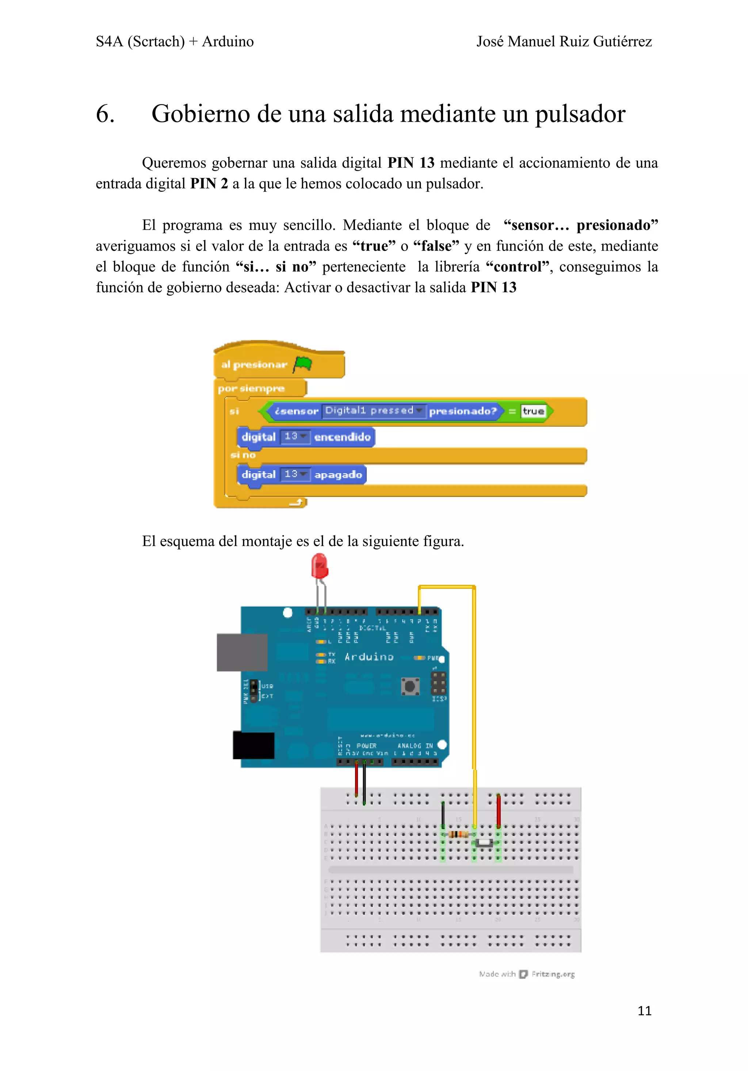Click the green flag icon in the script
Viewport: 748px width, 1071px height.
[x=303, y=364]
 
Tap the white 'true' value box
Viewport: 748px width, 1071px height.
[x=533, y=411]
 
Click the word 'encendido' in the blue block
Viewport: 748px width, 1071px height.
[x=342, y=437]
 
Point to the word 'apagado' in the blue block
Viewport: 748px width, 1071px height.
[x=338, y=475]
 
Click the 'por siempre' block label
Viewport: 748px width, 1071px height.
[x=251, y=388]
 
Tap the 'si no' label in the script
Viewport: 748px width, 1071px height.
[x=243, y=455]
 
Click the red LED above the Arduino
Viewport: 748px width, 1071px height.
[x=320, y=567]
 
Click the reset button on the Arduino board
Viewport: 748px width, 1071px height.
[x=410, y=686]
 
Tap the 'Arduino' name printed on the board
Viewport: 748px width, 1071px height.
[x=369, y=657]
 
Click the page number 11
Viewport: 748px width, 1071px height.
[x=644, y=1010]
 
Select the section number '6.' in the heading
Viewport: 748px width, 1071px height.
[x=106, y=114]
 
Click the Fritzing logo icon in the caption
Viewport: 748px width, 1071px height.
[x=523, y=974]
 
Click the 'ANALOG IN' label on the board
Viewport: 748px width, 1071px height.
[x=415, y=746]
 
